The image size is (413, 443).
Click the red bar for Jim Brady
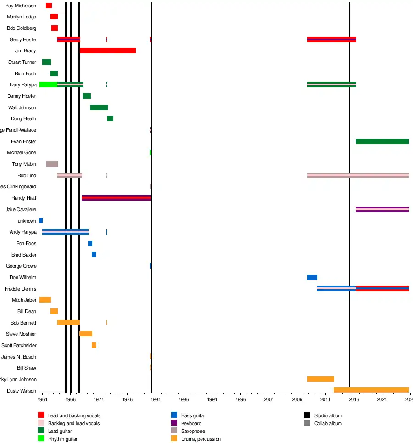click(107, 50)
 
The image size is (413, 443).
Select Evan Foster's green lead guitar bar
click(382, 141)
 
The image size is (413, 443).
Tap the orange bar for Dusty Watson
click(371, 390)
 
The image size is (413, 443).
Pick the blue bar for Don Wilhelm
click(312, 277)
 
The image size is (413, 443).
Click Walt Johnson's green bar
click(99, 107)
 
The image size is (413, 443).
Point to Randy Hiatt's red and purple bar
click(116, 198)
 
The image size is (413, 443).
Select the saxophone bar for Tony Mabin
click(52, 164)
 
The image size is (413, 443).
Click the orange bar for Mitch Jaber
click(45, 300)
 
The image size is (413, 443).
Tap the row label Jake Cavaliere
click(21, 209)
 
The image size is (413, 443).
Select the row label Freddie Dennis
click(20, 289)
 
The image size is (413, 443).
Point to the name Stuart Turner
click(22, 62)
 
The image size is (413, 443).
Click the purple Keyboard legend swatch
click(174, 423)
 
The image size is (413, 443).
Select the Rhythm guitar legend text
click(62, 439)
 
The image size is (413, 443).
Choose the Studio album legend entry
click(328, 415)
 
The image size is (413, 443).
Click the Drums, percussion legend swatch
click(174, 439)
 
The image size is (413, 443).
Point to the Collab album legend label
click(328, 423)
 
